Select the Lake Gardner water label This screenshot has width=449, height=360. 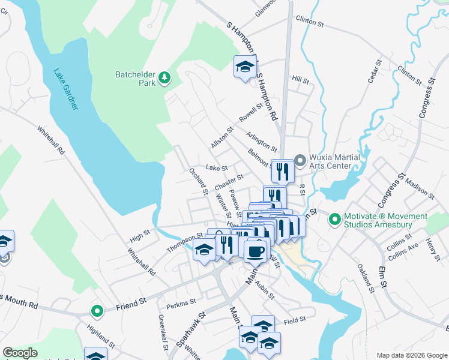(x=65, y=89)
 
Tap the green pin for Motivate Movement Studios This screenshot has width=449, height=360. (x=334, y=220)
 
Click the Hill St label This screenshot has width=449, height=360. (x=300, y=80)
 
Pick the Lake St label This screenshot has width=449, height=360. (x=217, y=168)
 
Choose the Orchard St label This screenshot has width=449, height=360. (x=198, y=181)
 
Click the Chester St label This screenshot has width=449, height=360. (x=228, y=181)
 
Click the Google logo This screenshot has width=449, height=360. (x=21, y=353)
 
